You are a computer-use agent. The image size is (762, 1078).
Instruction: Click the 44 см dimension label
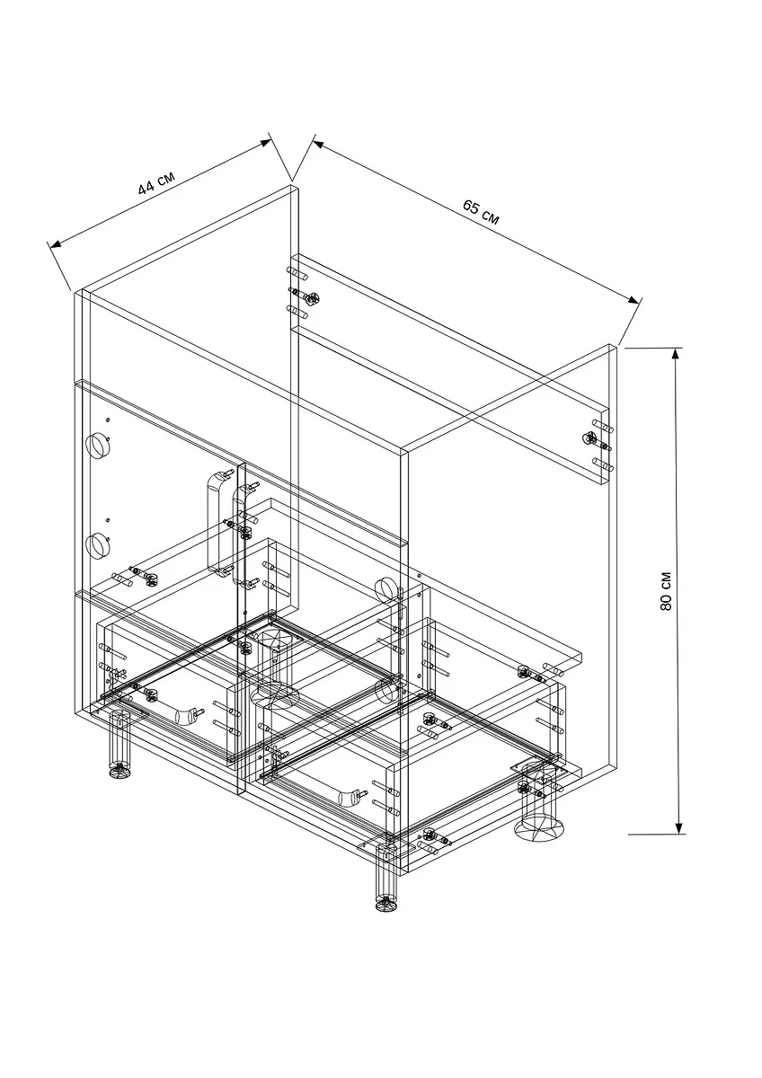coord(156,183)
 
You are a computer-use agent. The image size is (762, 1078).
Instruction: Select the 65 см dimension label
coord(481,212)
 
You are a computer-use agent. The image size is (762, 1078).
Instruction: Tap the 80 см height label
coord(666,591)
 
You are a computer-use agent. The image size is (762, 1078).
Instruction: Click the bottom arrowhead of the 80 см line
coord(678,826)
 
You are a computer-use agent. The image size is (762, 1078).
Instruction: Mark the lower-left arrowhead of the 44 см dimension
coord(57,244)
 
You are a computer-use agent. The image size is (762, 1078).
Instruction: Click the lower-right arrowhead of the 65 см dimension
coord(634,300)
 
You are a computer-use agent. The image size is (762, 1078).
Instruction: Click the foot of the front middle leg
coord(386,904)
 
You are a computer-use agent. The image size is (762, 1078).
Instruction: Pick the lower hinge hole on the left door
coord(98,543)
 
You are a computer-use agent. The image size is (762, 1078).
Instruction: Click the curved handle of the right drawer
coord(349,797)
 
